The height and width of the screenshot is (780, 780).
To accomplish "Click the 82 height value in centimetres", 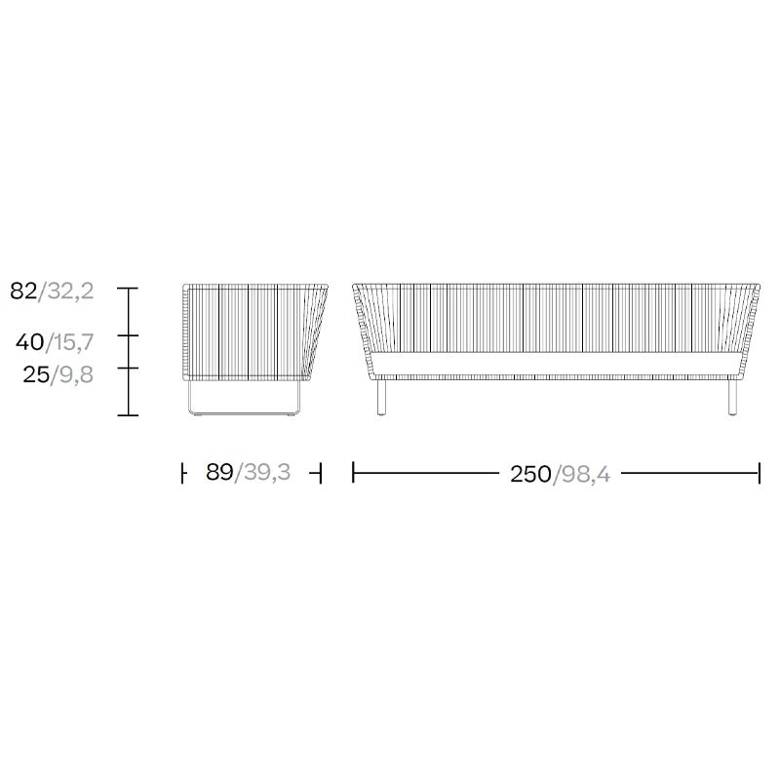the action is (23, 291).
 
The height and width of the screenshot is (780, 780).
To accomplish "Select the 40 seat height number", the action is (30, 342).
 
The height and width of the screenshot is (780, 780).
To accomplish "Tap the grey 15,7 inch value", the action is (72, 342).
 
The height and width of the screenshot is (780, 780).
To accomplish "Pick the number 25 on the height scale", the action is (36, 374).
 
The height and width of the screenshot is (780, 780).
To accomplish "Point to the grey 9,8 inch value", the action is (76, 374).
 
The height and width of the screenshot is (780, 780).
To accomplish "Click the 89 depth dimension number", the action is (219, 472).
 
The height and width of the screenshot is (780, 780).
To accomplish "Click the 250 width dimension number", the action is (530, 474).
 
